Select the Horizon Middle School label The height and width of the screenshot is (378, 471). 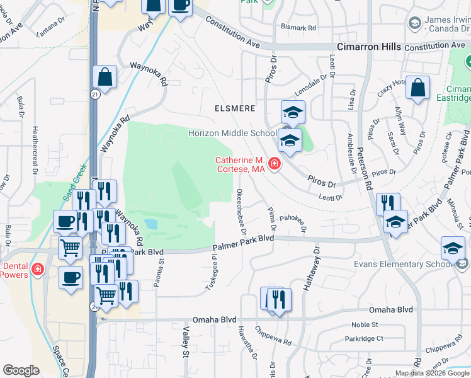pyautogui.click(x=232, y=134)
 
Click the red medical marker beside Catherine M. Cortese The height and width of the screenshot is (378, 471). pyautogui.click(x=274, y=164)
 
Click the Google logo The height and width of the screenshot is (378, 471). pyautogui.click(x=21, y=370)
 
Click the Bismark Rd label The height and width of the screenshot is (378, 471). pyautogui.click(x=298, y=28)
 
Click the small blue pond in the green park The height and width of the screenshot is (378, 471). pyautogui.click(x=150, y=224)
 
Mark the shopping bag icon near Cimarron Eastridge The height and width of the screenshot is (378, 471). pyautogui.click(x=417, y=89)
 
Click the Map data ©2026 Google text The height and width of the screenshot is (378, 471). pyautogui.click(x=431, y=373)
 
